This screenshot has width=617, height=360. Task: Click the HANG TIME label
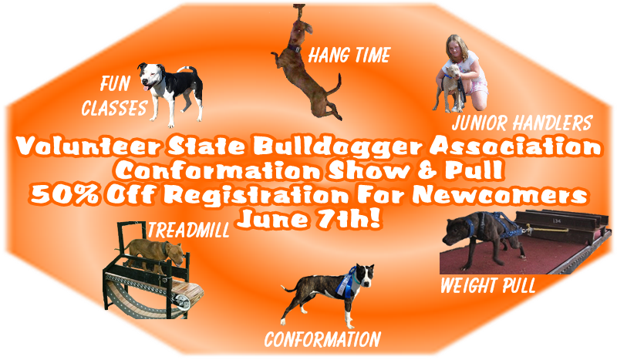coord(349,55)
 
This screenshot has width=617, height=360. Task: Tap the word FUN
coord(115,83)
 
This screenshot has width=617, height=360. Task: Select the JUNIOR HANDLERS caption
coord(522,123)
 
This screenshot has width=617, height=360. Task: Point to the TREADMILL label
coord(188,230)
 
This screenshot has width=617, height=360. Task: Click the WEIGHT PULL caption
coord(488,285)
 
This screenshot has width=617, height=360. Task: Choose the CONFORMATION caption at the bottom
coord(322,339)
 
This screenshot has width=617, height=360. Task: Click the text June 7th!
coord(309,219)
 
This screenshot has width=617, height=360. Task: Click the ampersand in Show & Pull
coord(427,170)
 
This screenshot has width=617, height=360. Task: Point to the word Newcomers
coord(501,195)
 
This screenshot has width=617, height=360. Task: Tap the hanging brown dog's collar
coord(294,49)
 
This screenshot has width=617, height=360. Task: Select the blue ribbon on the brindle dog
coord(346,281)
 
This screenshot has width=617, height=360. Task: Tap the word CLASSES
coord(114,107)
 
